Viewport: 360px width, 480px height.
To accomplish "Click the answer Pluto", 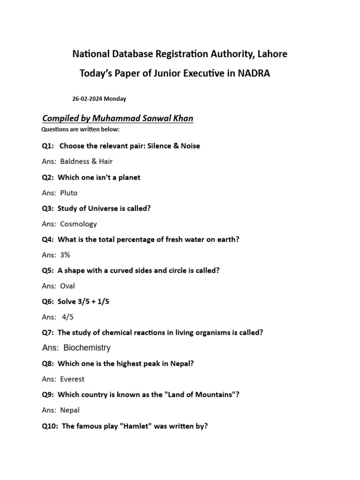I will tap(69, 193).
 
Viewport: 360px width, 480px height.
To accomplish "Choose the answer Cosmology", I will tap(78, 224).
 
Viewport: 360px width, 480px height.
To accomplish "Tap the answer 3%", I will tap(65, 255).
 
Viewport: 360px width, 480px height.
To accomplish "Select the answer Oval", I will tap(67, 286).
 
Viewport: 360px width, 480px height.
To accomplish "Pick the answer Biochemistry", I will tap(87, 348).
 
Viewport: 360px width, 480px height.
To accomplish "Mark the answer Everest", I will tap(72, 379).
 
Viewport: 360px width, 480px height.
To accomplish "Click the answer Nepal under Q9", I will tap(70, 410).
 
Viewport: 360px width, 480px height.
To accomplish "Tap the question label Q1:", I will tap(48, 146).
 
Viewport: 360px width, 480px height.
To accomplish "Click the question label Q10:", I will tap(50, 426).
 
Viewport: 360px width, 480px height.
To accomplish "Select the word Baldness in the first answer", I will tap(75, 161).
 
